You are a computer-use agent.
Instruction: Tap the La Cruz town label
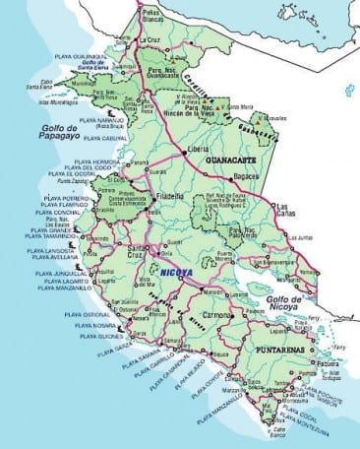(153, 42)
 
